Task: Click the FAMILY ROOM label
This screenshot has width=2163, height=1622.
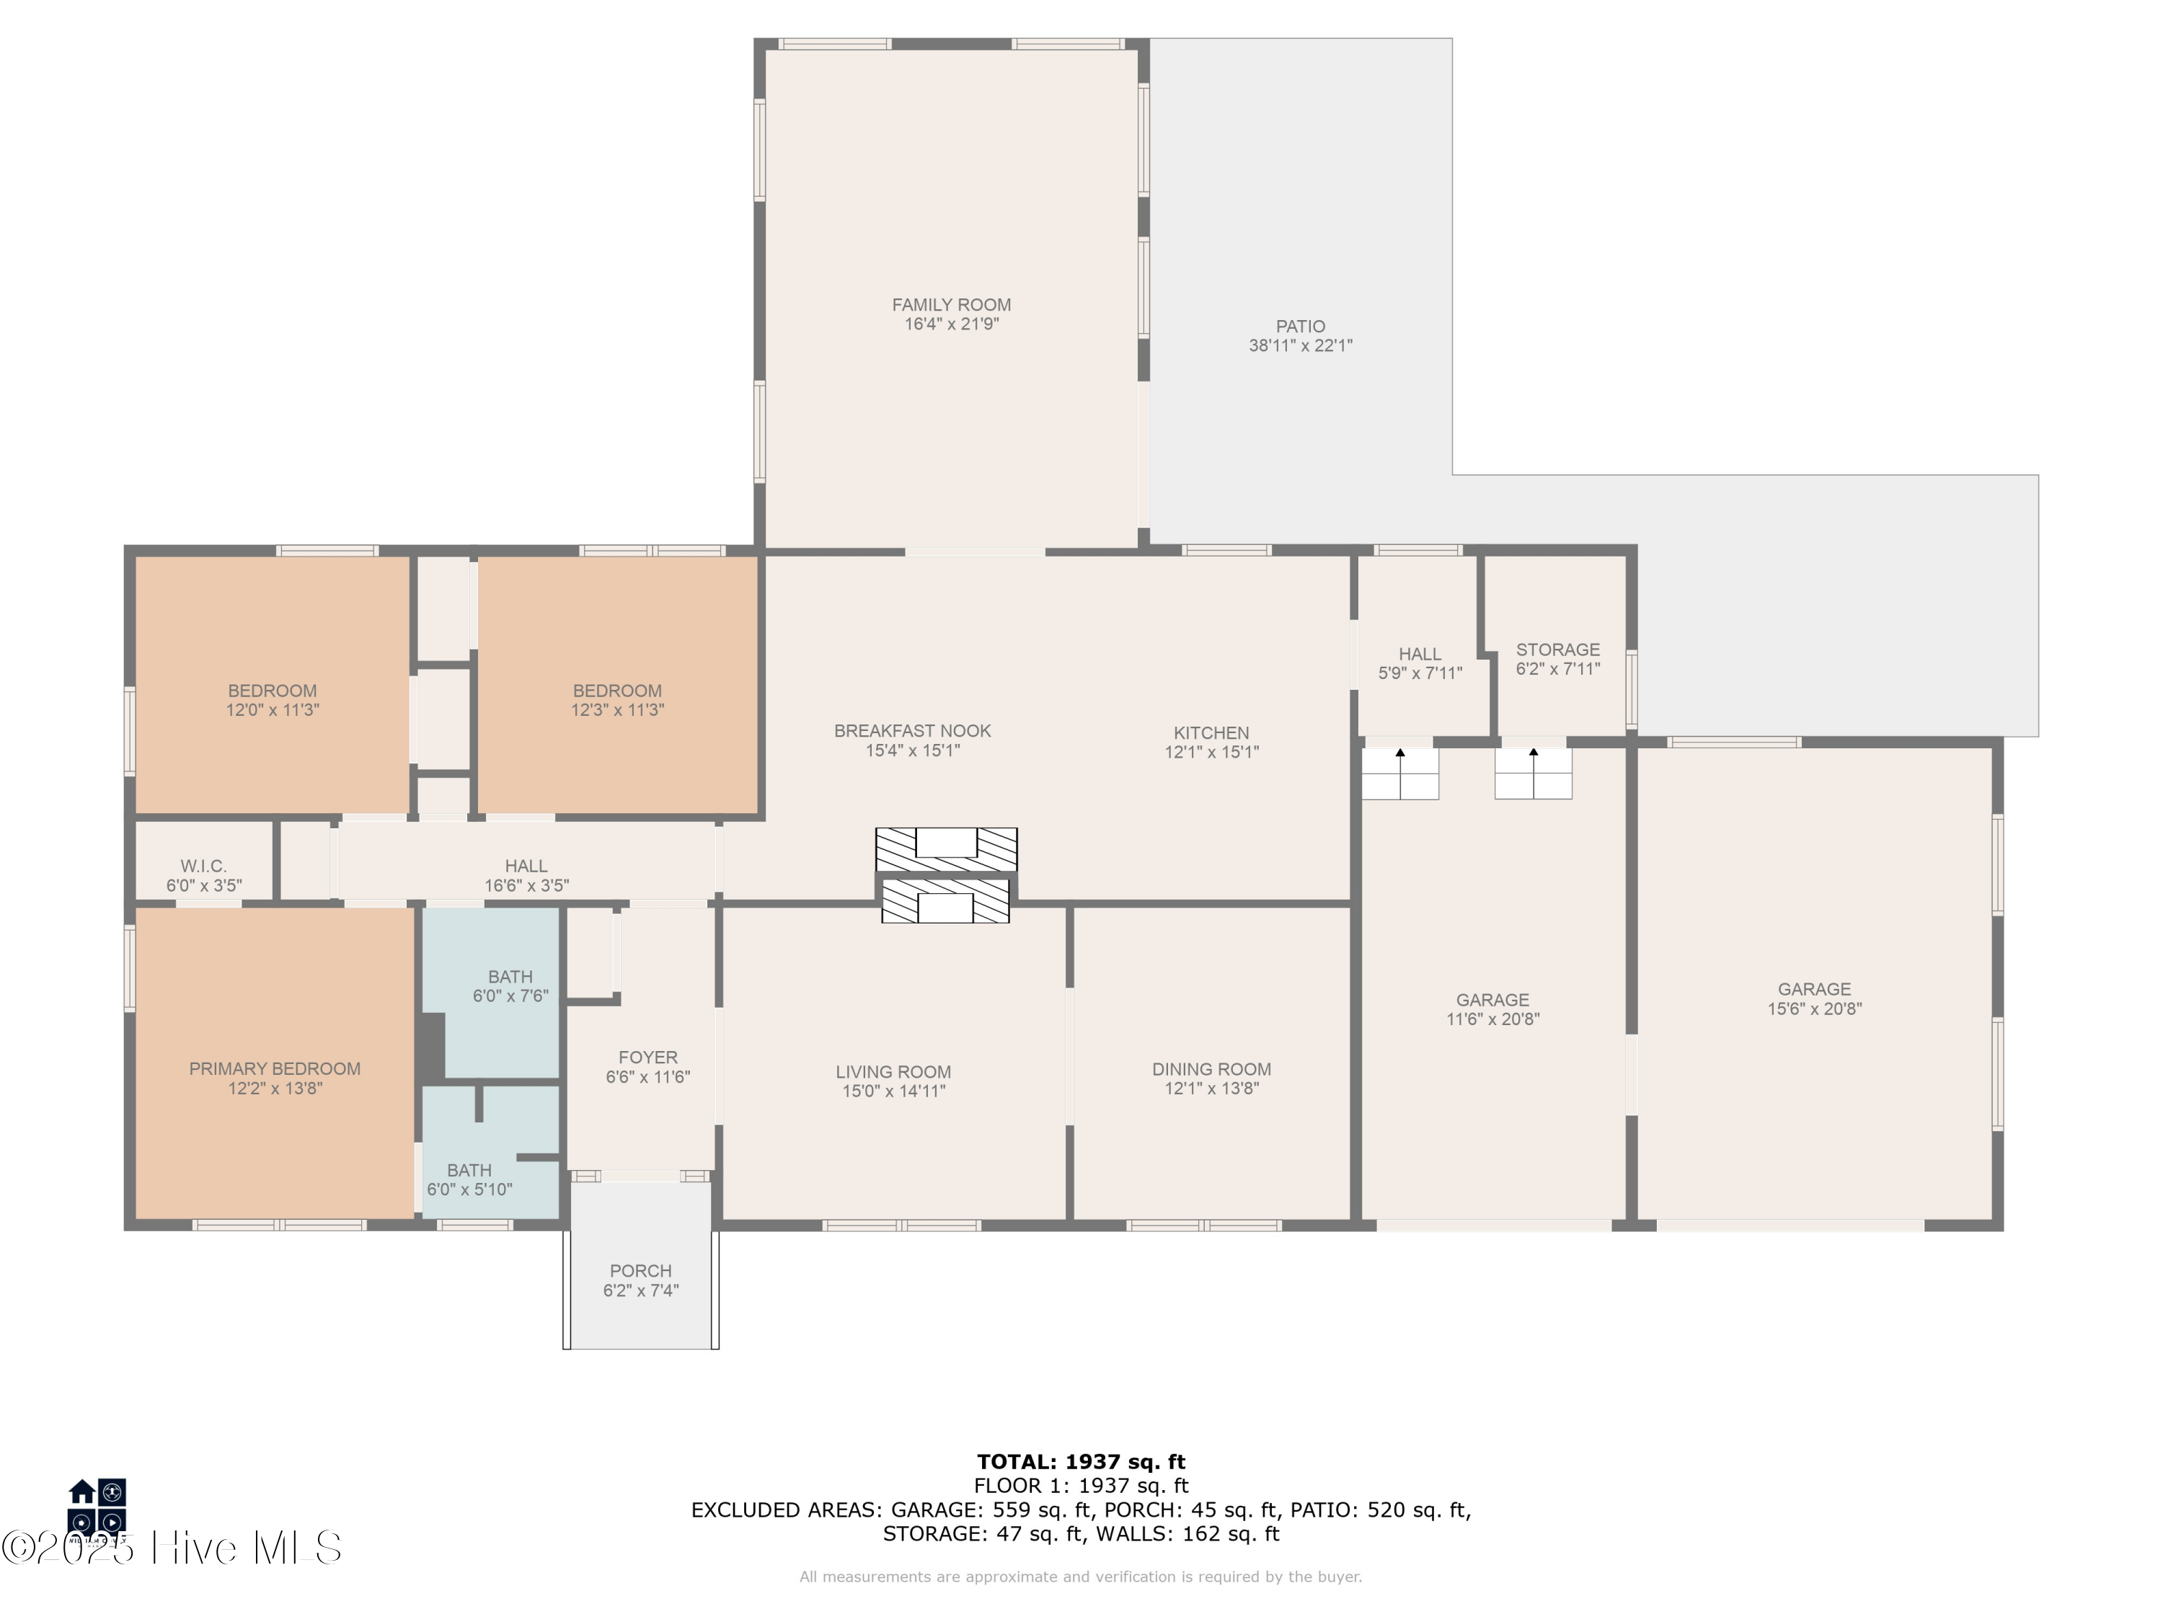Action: click(950, 305)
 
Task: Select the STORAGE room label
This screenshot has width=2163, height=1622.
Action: click(1557, 650)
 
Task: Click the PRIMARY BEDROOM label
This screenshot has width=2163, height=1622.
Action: click(275, 1068)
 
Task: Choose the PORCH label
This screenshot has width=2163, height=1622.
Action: click(640, 1271)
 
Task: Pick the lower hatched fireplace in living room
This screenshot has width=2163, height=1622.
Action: click(945, 901)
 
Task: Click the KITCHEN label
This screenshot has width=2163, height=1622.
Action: click(1211, 732)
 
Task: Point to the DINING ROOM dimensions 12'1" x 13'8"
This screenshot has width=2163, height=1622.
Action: click(1211, 1088)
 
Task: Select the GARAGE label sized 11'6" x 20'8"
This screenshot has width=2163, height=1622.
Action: click(1492, 999)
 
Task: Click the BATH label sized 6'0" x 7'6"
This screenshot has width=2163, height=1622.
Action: click(510, 977)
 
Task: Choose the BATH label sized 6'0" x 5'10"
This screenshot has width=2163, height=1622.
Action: click(469, 1170)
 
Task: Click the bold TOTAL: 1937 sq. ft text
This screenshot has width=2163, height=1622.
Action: click(1081, 1462)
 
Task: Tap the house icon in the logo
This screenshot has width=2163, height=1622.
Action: click(82, 1491)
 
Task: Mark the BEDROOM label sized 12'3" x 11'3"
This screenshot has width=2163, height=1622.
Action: click(617, 691)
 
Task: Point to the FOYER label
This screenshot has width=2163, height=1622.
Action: click(647, 1057)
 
